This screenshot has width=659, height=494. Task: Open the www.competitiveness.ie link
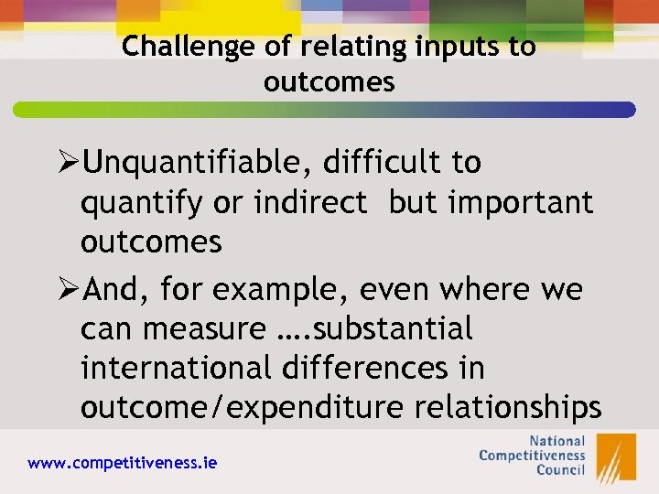(123, 463)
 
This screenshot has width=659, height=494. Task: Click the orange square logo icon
(616, 456)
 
